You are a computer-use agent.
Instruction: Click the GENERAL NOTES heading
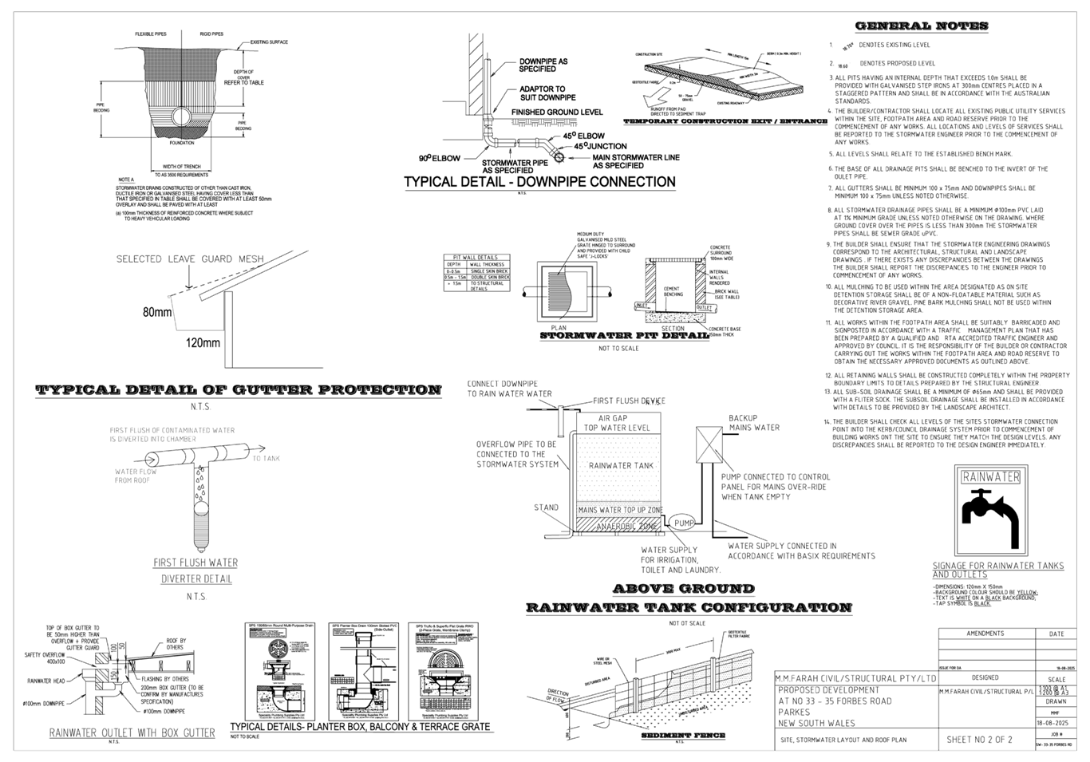pyautogui.click(x=922, y=26)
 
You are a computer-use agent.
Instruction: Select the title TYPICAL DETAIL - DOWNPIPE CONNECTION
pyautogui.click(x=539, y=182)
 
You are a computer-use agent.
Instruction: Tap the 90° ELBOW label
pyautogui.click(x=440, y=158)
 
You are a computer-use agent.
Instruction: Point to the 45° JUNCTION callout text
pyautogui.click(x=585, y=146)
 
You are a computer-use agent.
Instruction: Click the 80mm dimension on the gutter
pyautogui.click(x=158, y=313)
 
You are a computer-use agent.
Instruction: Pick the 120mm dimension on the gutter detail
pyautogui.click(x=203, y=343)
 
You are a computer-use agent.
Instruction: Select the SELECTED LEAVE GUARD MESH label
pyautogui.click(x=185, y=259)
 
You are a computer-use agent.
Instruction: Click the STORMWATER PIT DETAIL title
pyautogui.click(x=625, y=336)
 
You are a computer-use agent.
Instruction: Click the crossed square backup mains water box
pyautogui.click(x=709, y=440)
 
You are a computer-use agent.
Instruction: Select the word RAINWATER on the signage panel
pyautogui.click(x=990, y=478)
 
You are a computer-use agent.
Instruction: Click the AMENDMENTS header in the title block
pyautogui.click(x=985, y=634)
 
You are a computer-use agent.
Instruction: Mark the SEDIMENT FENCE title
pyautogui.click(x=683, y=735)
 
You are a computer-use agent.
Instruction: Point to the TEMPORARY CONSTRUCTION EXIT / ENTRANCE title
pyautogui.click(x=725, y=121)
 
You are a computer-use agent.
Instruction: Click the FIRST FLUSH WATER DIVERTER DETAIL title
pyautogui.click(x=196, y=571)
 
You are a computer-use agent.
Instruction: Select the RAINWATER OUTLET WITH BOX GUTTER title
pyautogui.click(x=132, y=732)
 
